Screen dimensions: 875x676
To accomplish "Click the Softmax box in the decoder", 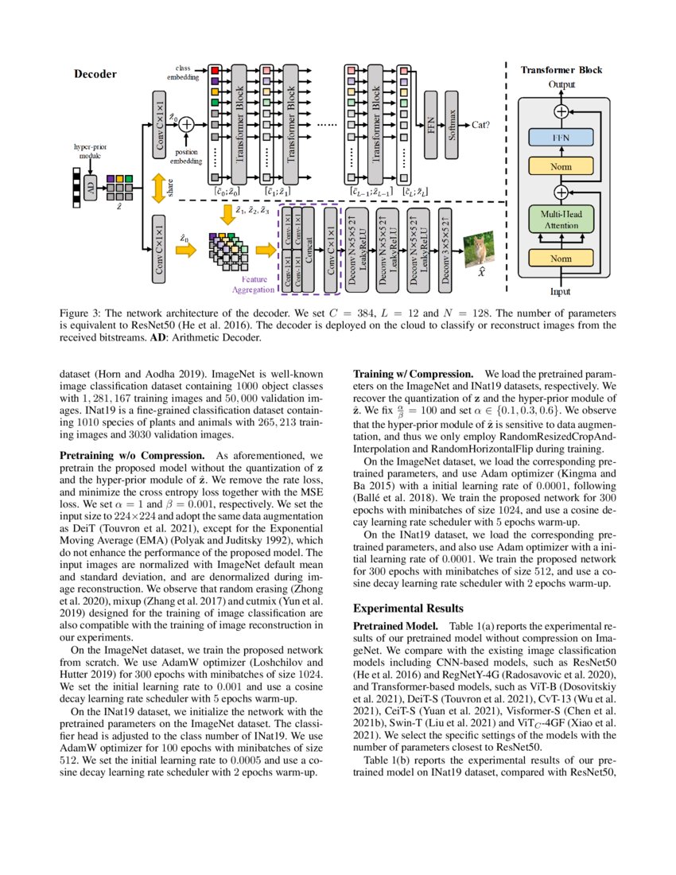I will click(454, 125).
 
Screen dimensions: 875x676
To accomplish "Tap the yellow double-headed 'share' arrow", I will click(159, 188).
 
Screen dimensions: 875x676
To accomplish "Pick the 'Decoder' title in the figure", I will click(95, 74).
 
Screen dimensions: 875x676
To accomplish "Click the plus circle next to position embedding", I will click(186, 123).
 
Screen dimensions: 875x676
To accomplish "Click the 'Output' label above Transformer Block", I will click(561, 84).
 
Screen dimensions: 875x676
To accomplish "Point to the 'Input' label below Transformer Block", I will click(561, 292).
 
